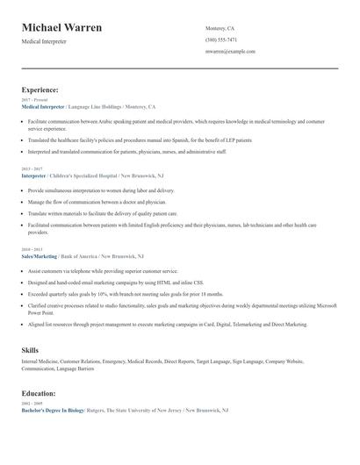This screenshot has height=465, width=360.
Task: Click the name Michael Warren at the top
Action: coord(61,28)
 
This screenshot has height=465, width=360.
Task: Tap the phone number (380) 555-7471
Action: coord(221,39)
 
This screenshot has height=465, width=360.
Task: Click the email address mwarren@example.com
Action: coord(230,52)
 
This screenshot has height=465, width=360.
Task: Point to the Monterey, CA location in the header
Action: coord(221,28)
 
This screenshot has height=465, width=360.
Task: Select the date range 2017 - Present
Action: coord(35,100)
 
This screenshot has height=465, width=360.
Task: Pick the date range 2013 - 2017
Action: coord(32,168)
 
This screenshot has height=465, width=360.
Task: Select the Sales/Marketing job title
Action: coord(40,255)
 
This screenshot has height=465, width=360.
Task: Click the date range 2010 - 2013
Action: coord(32,248)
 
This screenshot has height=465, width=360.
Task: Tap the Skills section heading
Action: coord(30,350)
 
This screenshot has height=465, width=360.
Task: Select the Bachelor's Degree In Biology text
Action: coord(52,410)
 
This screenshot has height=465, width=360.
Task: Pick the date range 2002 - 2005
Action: coord(32,403)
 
